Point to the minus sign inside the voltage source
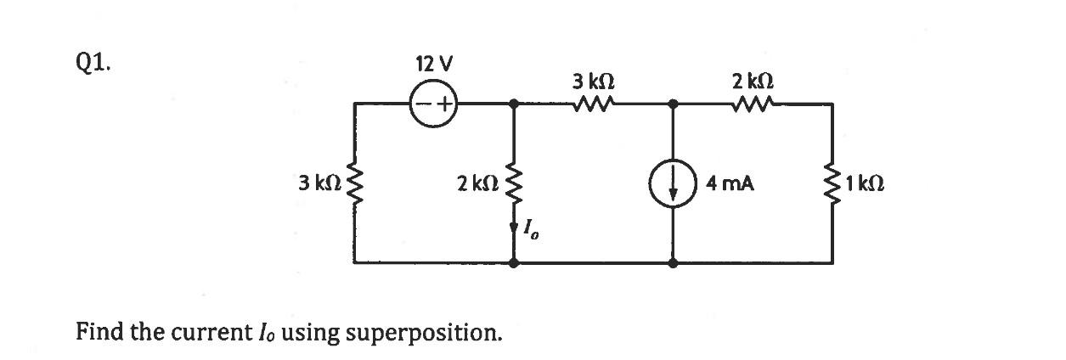[422, 105]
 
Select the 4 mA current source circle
[673, 183]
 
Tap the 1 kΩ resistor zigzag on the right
[832, 183]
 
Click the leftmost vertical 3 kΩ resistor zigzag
[354, 183]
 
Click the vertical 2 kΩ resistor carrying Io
[514, 183]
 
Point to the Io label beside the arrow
[531, 229]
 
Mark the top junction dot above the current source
[673, 104]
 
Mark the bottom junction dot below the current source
[673, 263]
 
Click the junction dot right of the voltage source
[514, 104]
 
